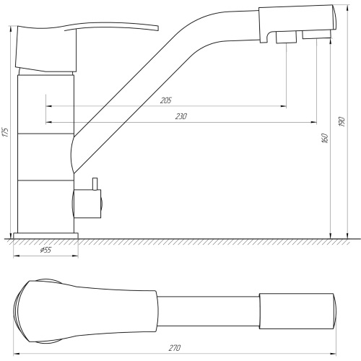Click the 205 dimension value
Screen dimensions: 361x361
tap(166, 100)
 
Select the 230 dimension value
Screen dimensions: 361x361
tap(181, 116)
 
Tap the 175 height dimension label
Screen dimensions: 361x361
tap(5, 132)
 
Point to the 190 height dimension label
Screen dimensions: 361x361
tap(342, 121)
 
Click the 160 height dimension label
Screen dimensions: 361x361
tap(325, 138)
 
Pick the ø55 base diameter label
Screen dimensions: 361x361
tap(45, 250)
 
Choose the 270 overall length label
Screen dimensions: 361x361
tap(175, 348)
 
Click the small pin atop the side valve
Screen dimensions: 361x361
tap(95, 183)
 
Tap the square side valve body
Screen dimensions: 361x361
tap(87, 204)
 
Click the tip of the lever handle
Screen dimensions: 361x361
tap(157, 28)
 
